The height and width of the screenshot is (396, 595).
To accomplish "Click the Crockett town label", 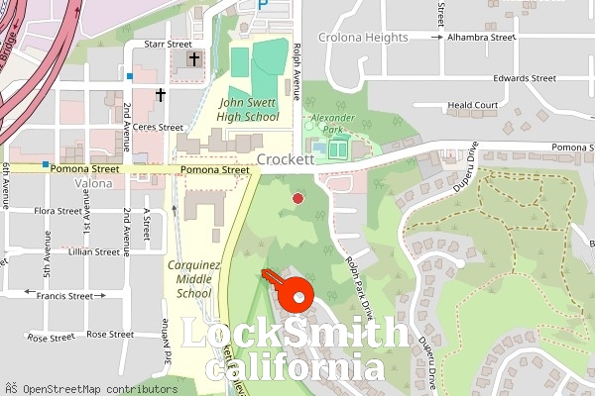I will point(286,158).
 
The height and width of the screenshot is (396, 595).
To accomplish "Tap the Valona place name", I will point(93,184).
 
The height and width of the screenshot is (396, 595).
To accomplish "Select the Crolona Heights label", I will point(364,38).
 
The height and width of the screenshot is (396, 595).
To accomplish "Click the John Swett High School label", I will point(250,109).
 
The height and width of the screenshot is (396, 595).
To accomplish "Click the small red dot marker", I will point(297,199).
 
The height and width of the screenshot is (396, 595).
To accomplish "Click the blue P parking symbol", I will point(263,5).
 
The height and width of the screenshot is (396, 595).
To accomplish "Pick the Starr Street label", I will point(168,45).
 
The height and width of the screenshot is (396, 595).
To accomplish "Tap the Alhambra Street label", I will point(482,37).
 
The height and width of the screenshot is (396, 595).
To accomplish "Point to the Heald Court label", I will point(472,105).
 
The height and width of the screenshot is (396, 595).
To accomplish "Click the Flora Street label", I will point(58,211).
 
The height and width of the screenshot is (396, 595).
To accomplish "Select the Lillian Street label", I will point(66,252).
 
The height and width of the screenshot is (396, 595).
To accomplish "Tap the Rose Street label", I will point(52,337).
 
